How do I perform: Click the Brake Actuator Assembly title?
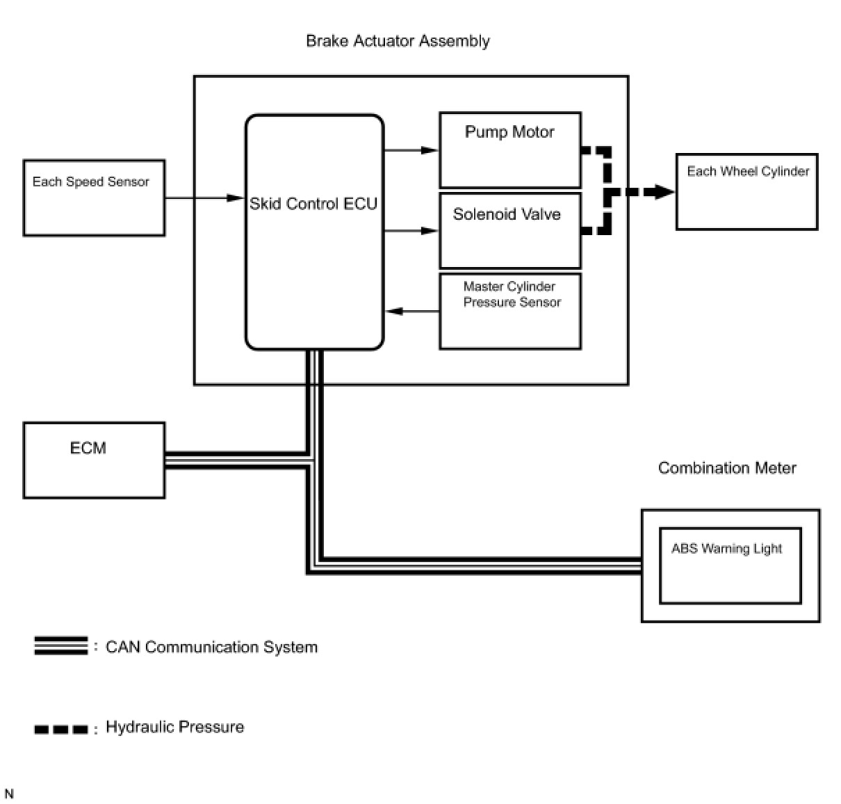398,42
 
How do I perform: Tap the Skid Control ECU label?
313,204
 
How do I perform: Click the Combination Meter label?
727,468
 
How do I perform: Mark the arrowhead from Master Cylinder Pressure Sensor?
393,311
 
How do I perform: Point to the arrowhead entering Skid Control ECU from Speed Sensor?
236,198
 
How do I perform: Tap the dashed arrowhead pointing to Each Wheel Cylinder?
664,191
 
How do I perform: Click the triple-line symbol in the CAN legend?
61,645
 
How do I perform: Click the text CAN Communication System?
211,647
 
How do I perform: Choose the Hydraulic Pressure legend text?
175,727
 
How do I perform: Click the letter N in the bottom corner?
9,794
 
